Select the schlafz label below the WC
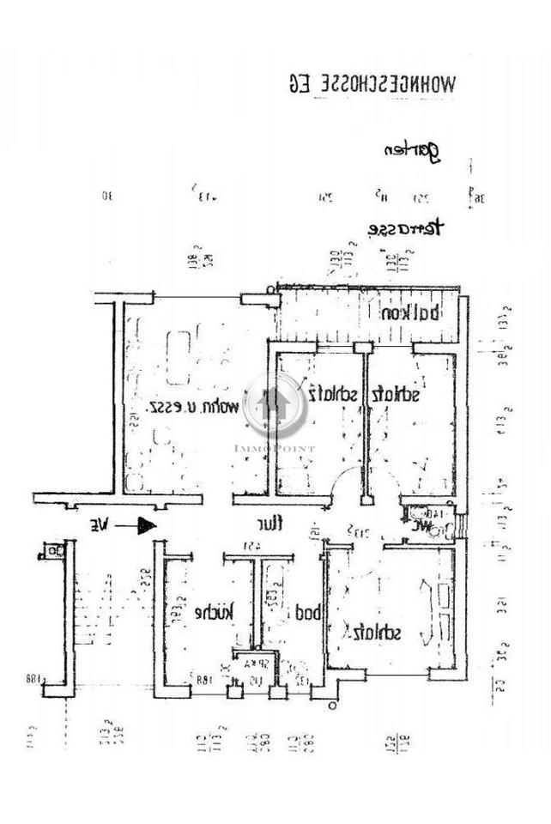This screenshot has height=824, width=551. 373,633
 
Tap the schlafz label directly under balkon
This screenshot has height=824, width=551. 396,395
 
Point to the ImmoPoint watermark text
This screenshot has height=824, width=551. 275,448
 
